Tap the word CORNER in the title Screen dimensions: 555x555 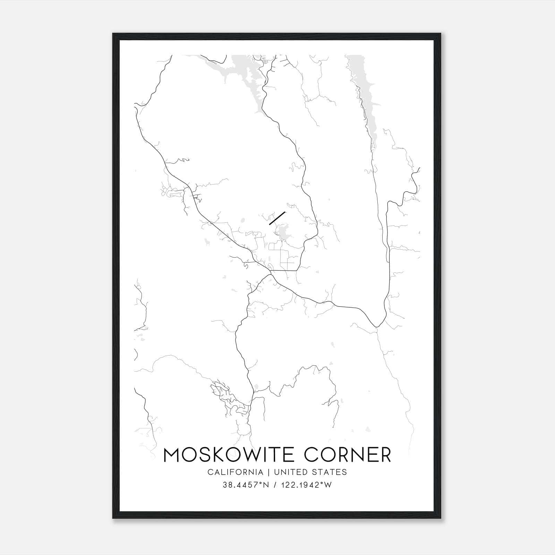pos(348,455)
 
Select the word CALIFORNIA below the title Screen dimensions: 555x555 pos(235,472)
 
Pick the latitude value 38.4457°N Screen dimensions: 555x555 pos(246,485)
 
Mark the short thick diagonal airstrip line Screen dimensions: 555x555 pos(277,218)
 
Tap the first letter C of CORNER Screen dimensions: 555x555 pos(311,455)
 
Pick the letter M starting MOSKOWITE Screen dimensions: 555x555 pos(172,455)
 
